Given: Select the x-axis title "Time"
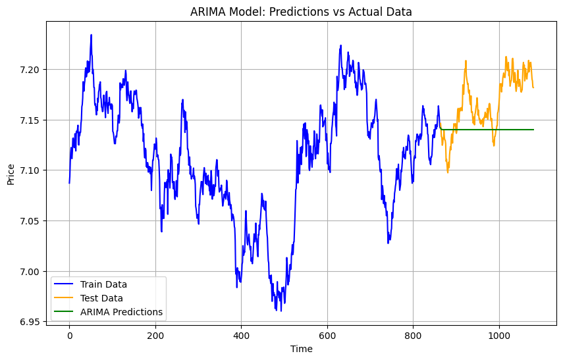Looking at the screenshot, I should click(x=301, y=349).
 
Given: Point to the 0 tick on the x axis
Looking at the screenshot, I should click(x=69, y=335).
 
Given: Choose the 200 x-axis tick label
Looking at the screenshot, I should click(x=155, y=335).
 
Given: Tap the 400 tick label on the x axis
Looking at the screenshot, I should click(x=241, y=335).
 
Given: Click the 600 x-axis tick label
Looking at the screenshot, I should click(x=327, y=335).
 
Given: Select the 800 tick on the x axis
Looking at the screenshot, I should click(x=413, y=335).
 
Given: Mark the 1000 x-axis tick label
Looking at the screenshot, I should click(x=499, y=335).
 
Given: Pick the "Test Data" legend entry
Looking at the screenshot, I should click(x=101, y=298).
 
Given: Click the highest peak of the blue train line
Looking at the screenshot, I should click(x=91, y=35).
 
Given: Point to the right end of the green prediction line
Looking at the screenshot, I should click(x=533, y=130).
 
